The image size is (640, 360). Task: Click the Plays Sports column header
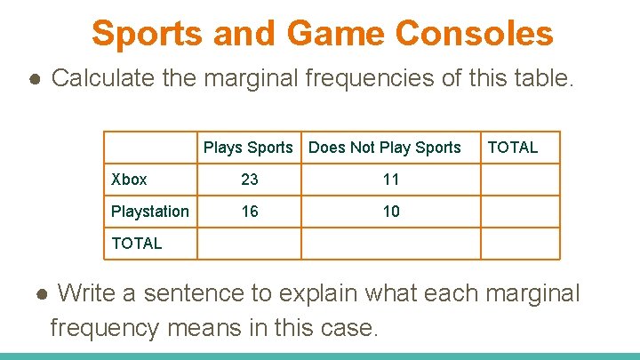click(x=248, y=148)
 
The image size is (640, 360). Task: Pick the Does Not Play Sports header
click(x=385, y=148)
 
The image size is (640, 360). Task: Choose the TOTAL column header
click(x=513, y=148)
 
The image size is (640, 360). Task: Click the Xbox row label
click(x=130, y=180)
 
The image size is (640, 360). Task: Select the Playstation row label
click(x=149, y=212)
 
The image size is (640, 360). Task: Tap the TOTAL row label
click(x=137, y=243)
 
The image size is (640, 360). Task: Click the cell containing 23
click(x=250, y=180)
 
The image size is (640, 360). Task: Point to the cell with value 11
click(x=391, y=180)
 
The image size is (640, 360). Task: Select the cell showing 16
click(x=250, y=212)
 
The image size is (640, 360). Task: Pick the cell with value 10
click(x=391, y=212)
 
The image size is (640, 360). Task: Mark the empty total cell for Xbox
click(x=520, y=180)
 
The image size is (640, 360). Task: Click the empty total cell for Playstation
click(x=520, y=212)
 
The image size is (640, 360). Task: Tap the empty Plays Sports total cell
click(x=249, y=243)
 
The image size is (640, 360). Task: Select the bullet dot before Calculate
click(x=33, y=79)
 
